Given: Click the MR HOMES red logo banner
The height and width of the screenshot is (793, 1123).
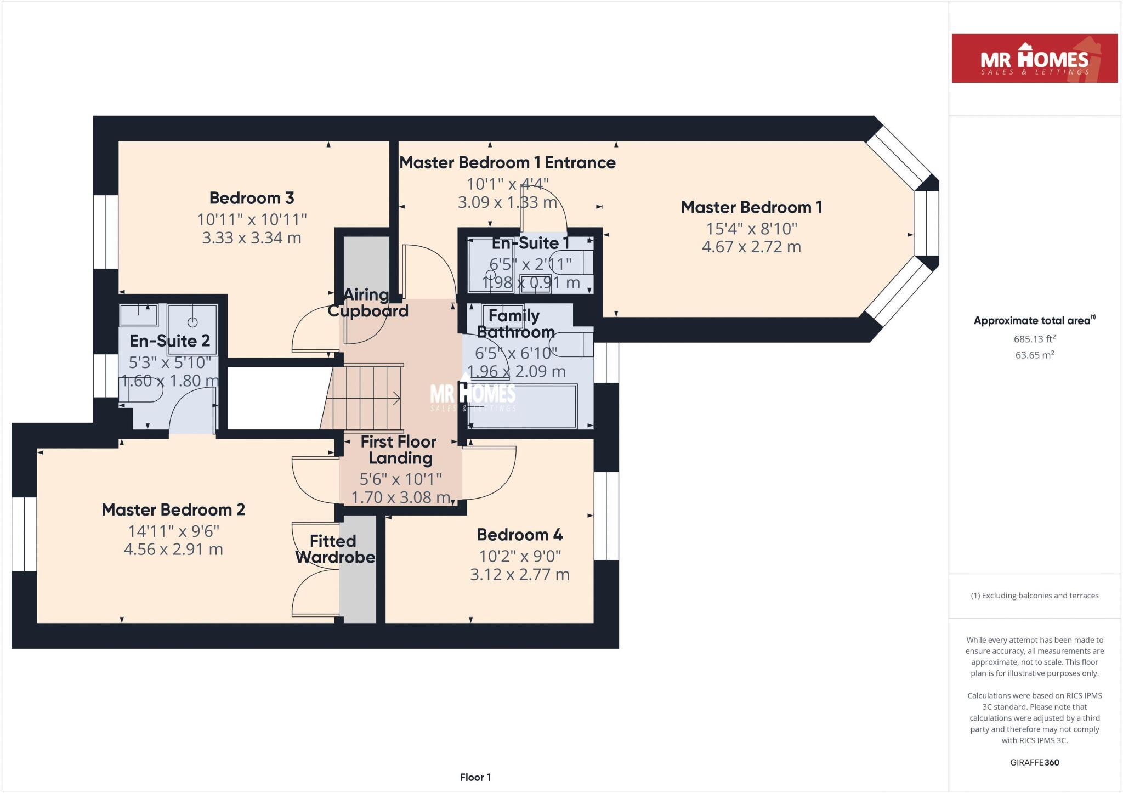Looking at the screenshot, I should (1034, 59).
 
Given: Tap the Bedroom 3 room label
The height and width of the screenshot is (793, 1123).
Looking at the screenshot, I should (252, 198).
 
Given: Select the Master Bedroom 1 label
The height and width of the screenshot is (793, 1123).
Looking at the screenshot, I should (751, 207).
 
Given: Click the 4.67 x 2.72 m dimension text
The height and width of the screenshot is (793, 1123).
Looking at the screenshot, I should (751, 247).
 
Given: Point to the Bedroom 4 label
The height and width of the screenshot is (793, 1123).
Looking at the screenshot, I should (519, 535).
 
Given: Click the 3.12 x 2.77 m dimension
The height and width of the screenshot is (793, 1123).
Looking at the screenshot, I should (519, 575).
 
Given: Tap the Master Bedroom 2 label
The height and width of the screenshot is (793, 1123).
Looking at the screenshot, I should (173, 510).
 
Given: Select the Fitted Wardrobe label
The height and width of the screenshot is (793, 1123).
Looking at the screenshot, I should (334, 549).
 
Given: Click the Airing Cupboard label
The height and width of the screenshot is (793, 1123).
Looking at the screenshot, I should (367, 303).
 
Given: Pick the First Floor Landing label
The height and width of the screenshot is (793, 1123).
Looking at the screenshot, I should (399, 450).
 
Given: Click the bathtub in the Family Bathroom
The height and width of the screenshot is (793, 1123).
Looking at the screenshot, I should (522, 407).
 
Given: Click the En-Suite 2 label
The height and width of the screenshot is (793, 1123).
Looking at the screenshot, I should (169, 341).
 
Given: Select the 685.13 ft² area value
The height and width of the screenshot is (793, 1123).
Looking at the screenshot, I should (1034, 339).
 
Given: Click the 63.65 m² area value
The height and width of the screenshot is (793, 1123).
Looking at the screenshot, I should (1034, 355).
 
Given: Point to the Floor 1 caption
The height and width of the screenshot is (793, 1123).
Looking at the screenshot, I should (475, 777).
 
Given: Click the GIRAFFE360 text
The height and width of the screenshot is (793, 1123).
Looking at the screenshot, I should (1034, 762).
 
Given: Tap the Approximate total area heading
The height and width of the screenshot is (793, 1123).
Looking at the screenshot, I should (1034, 321).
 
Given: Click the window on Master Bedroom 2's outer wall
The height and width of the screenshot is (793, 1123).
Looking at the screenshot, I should (24, 534).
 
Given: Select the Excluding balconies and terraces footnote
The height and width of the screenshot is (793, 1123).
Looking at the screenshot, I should (1034, 596).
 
